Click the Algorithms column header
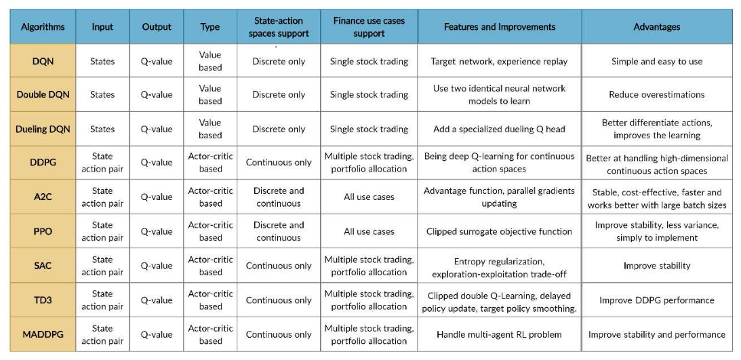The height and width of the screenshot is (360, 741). tap(43, 27)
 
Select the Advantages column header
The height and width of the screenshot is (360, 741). tap(657, 27)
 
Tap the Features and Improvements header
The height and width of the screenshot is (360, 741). tap(500, 27)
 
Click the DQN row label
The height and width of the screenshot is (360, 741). tap(43, 61)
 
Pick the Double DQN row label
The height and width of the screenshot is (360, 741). tap(43, 94)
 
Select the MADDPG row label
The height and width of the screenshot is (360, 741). tap(43, 334)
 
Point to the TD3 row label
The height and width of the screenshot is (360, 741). tap(43, 300)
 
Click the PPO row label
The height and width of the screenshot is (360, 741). tap(43, 231)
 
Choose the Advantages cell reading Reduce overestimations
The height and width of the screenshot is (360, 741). tap(657, 94)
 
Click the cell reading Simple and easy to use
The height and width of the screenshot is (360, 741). tap(657, 61)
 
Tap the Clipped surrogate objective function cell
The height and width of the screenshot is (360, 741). tap(500, 231)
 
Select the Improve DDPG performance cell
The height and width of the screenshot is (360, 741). tap(657, 300)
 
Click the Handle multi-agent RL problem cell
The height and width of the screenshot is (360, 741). tap(500, 334)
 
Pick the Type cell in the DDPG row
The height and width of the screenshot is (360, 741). tap(210, 163)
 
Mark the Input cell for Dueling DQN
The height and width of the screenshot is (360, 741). tap(102, 129)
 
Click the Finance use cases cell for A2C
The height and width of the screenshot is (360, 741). tap(369, 197)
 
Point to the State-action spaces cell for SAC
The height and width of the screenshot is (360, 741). tap(279, 266)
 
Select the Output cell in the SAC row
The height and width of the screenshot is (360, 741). tap(157, 266)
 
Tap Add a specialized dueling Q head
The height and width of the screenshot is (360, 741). tap(500, 129)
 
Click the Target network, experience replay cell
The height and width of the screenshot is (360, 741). tap(500, 61)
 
